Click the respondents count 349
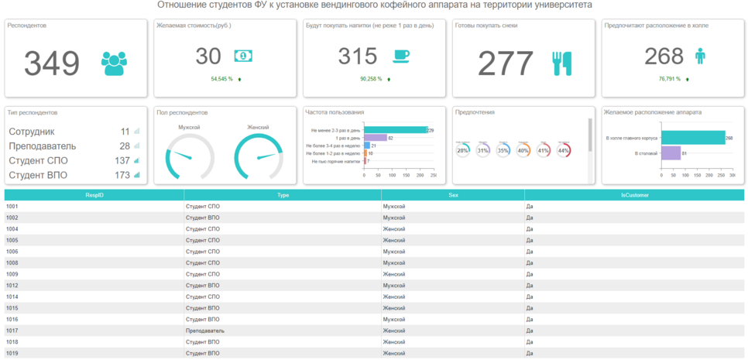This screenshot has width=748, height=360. [52, 63]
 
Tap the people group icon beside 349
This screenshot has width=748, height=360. [114, 63]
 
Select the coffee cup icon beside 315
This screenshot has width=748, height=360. [401, 56]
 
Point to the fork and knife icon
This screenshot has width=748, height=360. [562, 63]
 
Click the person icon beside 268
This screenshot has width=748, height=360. [700, 56]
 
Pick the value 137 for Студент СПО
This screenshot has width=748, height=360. [122, 160]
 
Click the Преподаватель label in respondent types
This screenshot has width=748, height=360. [42, 146]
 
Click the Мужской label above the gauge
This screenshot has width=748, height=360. [190, 127]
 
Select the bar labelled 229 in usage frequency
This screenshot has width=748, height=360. [395, 130]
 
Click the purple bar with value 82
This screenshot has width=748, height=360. [375, 138]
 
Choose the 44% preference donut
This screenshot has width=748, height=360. [564, 150]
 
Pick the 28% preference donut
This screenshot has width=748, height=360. [463, 150]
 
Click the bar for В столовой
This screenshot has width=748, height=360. [670, 153]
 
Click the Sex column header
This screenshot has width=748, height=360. [453, 195]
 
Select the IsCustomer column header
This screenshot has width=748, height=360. [633, 195]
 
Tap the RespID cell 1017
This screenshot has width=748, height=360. [12, 331]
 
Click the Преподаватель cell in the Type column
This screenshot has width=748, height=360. [205, 331]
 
